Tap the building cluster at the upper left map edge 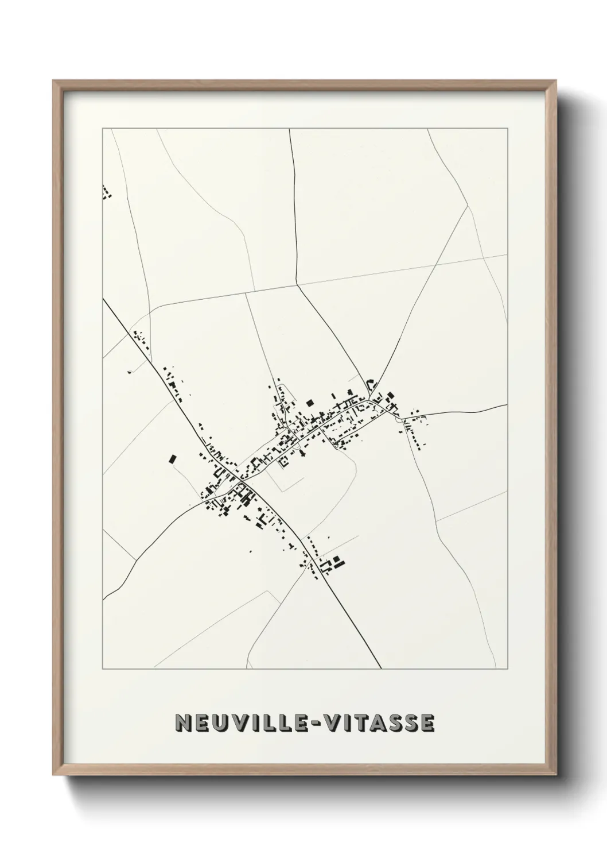pyautogui.click(x=107, y=192)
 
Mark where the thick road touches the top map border pyautogui.click(x=290, y=129)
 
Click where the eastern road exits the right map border pyautogui.click(x=507, y=404)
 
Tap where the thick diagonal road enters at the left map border pyautogui.click(x=103, y=299)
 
